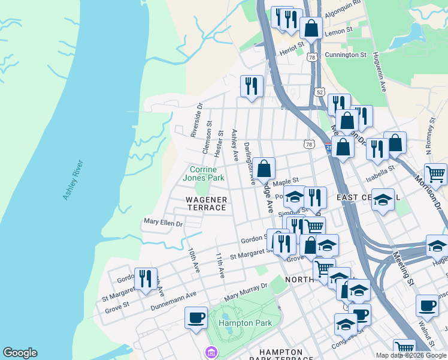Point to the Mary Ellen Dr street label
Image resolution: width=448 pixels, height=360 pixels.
[x=163, y=222]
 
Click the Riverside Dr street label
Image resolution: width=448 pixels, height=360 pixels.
[x=196, y=120]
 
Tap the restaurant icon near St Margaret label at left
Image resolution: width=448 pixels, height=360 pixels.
[x=146, y=279]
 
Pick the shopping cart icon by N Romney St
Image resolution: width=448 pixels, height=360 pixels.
[x=435, y=174]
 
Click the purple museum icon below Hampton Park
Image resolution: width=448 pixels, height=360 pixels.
[x=211, y=352]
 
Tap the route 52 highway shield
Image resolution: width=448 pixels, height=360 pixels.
[x=319, y=92]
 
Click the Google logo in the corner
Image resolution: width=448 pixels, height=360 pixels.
[x=20, y=353]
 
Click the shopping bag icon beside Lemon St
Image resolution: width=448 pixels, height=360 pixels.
[x=311, y=28]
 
